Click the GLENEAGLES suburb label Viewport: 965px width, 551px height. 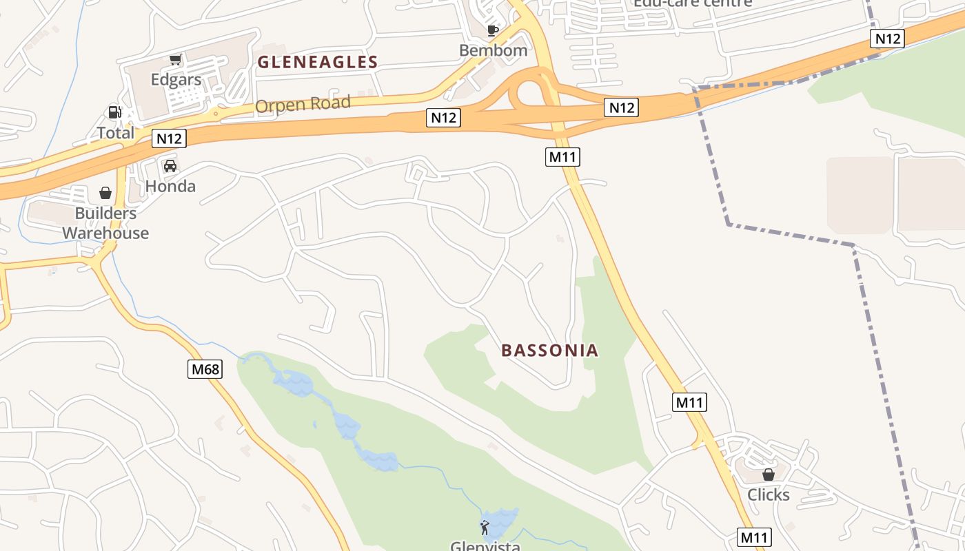click(x=317, y=62)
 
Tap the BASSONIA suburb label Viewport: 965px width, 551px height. click(x=549, y=350)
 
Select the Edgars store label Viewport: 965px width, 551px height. click(x=176, y=80)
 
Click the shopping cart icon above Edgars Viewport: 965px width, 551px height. click(x=176, y=60)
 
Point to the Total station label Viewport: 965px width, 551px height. click(x=115, y=133)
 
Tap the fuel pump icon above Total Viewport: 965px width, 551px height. click(x=114, y=112)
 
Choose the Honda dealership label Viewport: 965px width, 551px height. click(x=170, y=186)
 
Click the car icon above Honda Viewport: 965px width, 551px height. click(x=170, y=166)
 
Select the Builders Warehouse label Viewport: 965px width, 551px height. click(x=105, y=223)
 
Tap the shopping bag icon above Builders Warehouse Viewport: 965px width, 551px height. click(x=105, y=193)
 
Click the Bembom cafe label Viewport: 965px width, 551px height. click(x=493, y=50)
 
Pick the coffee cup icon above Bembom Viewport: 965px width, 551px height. click(x=493, y=30)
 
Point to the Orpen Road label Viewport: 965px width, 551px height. click(x=303, y=105)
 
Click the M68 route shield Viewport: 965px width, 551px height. click(x=205, y=369)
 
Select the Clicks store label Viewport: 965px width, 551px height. click(x=769, y=495)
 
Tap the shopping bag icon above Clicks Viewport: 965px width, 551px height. click(x=769, y=475)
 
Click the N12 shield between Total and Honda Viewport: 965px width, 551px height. click(x=169, y=138)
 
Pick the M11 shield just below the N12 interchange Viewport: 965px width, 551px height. click(x=562, y=157)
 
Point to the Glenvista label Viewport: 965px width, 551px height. click(x=485, y=546)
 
